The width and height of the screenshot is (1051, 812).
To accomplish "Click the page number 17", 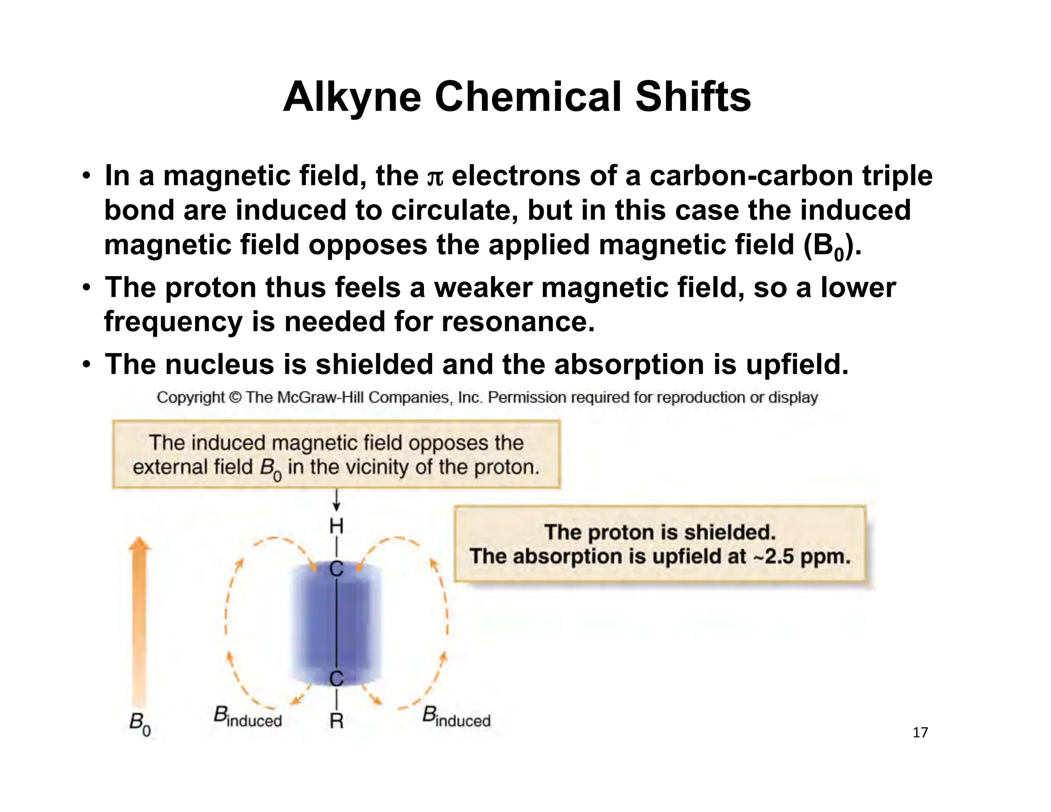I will [x=920, y=732].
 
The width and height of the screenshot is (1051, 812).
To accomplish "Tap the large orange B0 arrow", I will [x=140, y=621].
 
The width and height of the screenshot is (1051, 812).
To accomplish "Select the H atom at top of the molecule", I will [x=336, y=526].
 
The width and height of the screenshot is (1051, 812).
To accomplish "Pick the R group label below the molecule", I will [x=336, y=721].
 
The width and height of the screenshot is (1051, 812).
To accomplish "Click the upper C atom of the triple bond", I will [x=336, y=569].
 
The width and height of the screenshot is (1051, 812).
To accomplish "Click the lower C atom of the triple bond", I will [x=336, y=679].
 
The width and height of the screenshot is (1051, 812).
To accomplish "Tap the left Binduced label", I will [x=247, y=718].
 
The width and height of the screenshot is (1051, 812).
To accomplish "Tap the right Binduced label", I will [x=456, y=718].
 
